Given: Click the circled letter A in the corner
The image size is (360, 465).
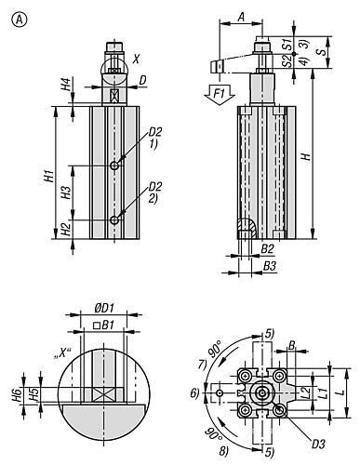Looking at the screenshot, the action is point(20,20).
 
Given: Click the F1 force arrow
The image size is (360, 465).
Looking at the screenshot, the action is point(220,94).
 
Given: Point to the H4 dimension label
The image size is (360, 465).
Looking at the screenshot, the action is point(67,84).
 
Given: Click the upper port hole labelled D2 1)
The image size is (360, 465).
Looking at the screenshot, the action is point(114,166).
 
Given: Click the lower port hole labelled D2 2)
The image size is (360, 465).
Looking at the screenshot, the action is point(114,220).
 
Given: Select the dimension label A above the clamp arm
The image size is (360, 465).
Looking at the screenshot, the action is point(241,17).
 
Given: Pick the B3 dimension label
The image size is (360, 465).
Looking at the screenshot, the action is point(269,266).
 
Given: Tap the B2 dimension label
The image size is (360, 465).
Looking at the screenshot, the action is point(268,248).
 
